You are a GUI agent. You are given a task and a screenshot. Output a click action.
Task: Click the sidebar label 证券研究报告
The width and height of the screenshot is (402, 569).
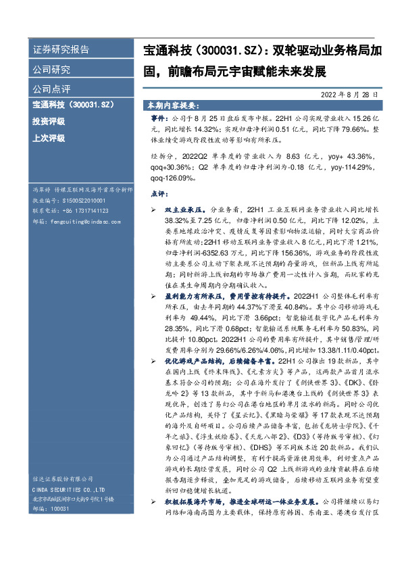tap(61, 50)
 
